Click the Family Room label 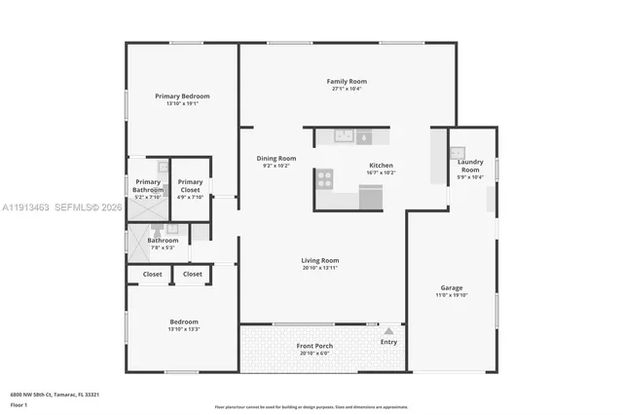(347, 82)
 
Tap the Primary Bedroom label (182, 96)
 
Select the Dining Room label (276, 159)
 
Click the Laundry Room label (470, 168)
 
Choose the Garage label (451, 287)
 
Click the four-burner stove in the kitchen (324, 177)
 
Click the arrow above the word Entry (388, 331)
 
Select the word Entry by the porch (388, 342)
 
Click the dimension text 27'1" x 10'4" (347, 90)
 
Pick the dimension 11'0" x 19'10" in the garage (451, 295)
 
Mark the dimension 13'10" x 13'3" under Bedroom (184, 329)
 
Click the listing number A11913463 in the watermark (27, 207)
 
